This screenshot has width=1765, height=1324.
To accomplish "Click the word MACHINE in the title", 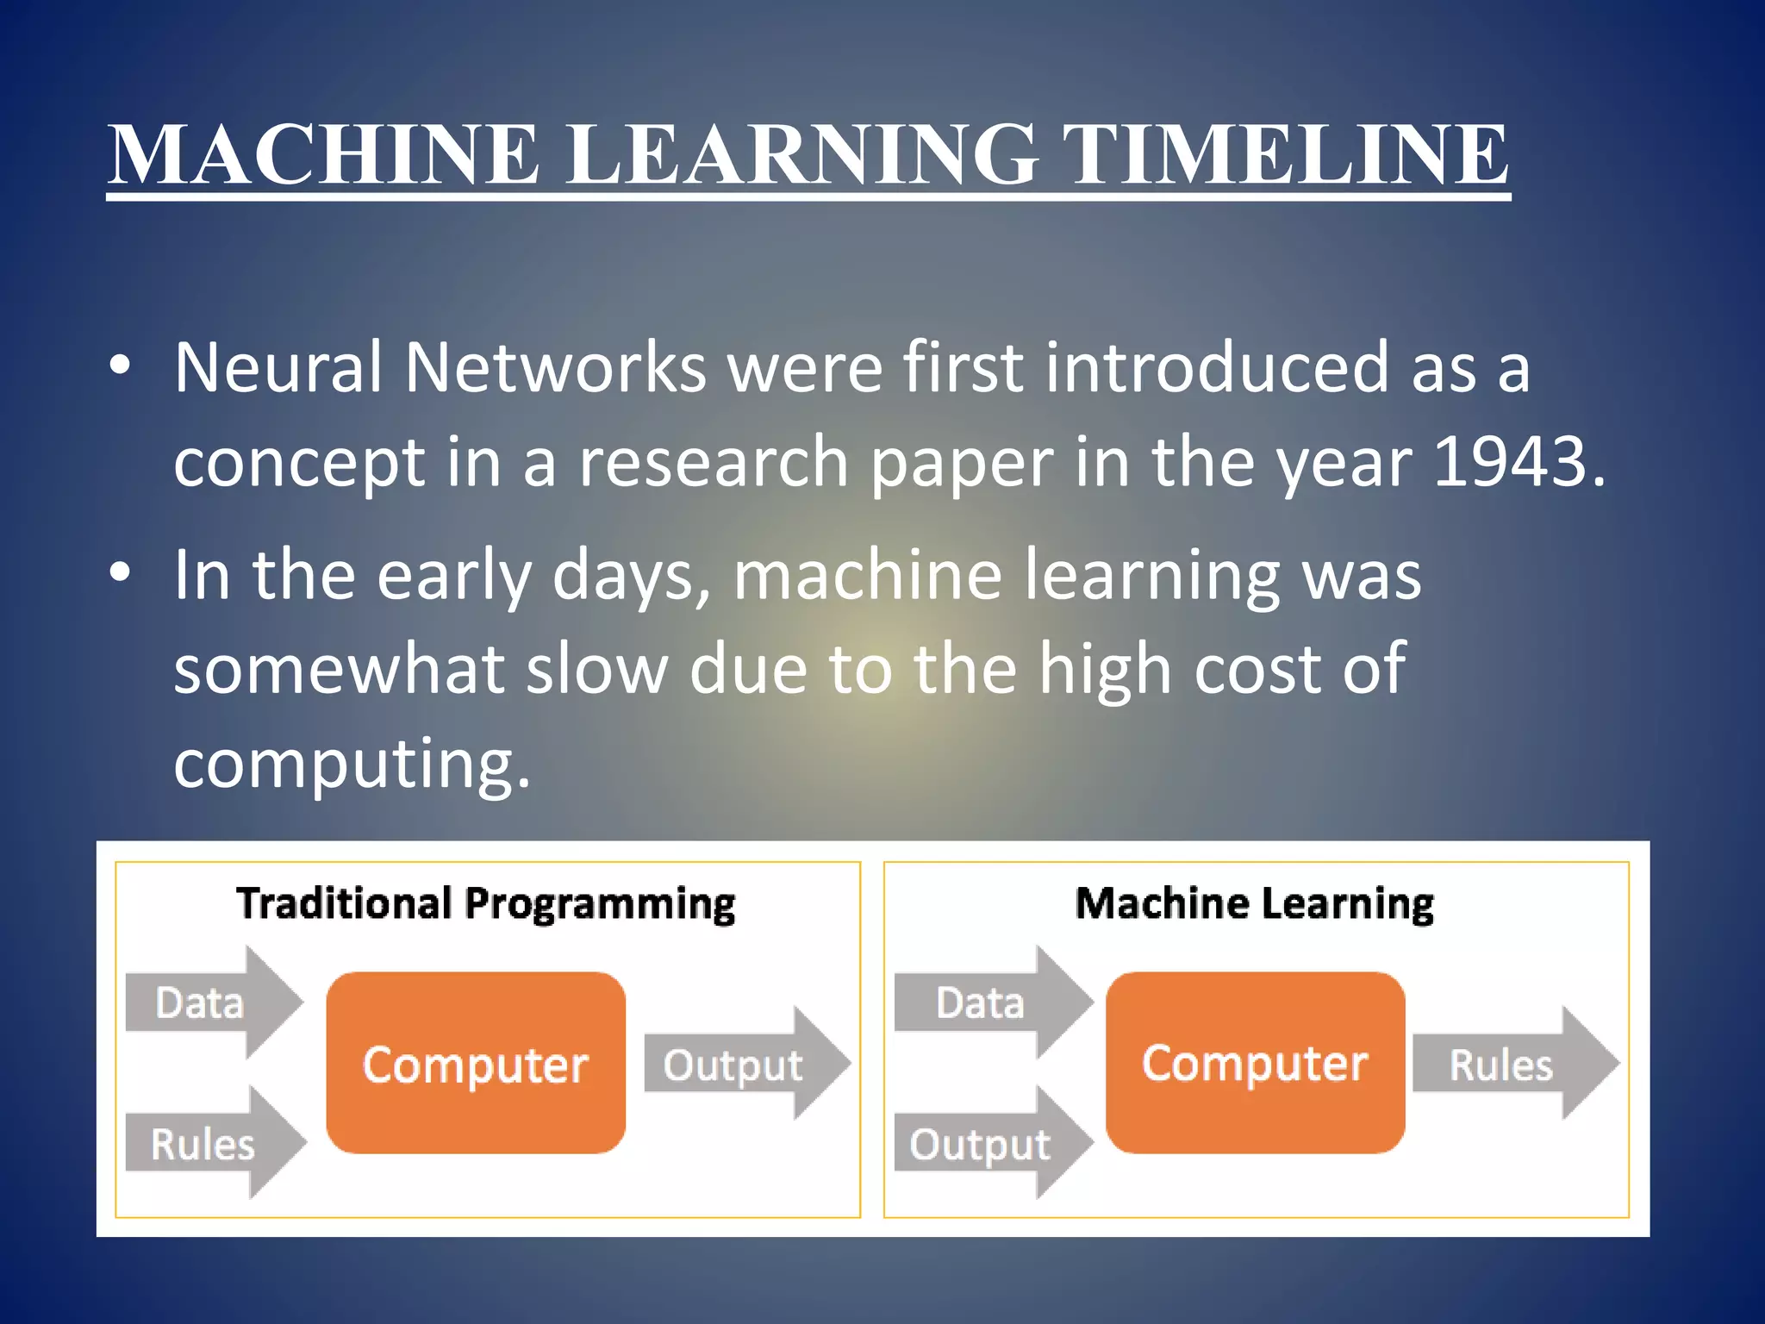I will [323, 155].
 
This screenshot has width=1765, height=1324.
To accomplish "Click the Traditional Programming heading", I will [486, 904].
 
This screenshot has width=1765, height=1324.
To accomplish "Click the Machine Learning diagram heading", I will [1254, 904].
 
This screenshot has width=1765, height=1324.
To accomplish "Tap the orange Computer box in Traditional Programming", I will [476, 1064].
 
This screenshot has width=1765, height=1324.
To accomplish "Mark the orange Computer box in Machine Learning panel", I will [1255, 1064].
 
